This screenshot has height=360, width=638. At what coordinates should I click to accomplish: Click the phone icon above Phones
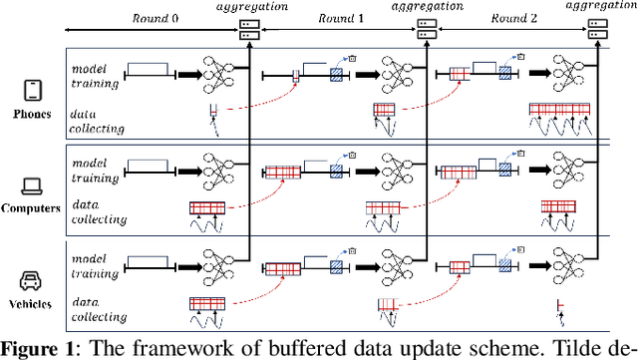(32, 92)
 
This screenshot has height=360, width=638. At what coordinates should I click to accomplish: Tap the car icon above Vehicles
(32, 279)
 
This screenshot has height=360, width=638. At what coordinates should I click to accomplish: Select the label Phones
(32, 114)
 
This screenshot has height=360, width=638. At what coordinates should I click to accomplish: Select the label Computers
(32, 208)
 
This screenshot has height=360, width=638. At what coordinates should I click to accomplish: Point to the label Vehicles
(32, 302)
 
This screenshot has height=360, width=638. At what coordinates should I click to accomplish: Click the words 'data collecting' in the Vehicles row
(97, 310)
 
